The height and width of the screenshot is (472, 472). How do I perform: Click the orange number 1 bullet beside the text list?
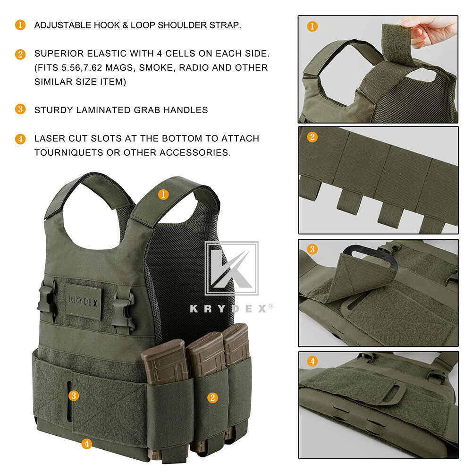coord(20,25)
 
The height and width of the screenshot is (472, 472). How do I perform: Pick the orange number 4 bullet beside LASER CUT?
coord(20,139)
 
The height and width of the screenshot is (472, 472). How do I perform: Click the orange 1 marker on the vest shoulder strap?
coord(163,194)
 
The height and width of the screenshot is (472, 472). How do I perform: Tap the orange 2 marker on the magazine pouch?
coord(212,397)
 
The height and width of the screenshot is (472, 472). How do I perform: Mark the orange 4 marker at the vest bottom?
coord(86,443)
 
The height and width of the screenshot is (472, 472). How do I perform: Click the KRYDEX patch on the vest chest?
coord(83,301)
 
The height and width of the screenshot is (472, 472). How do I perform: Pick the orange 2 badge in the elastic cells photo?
coord(312,137)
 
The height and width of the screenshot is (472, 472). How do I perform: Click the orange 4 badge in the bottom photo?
coord(312,362)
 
